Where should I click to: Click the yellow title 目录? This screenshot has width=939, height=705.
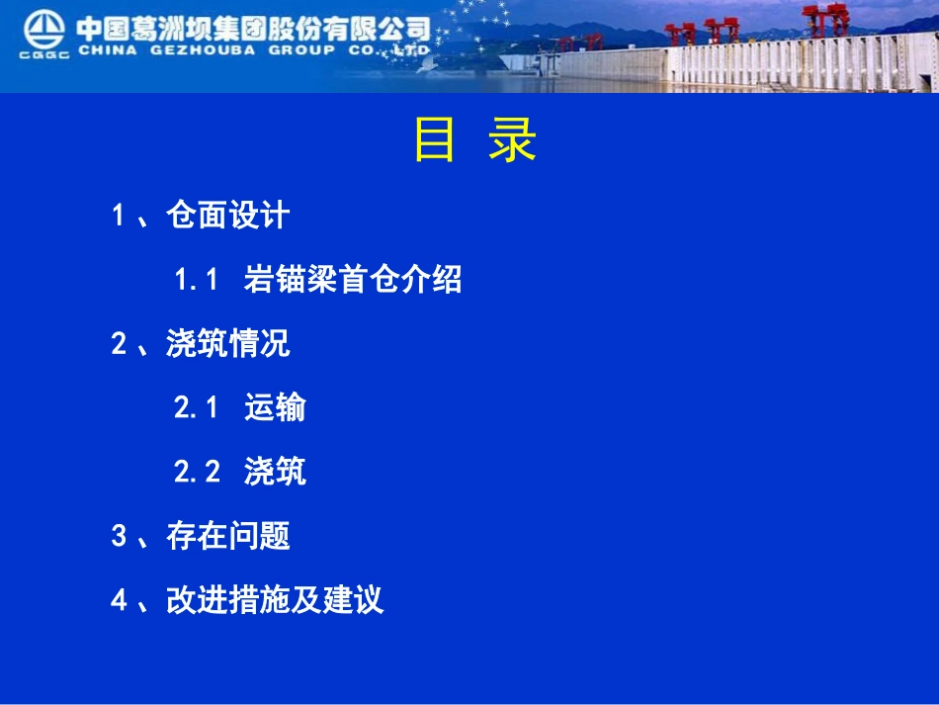click(x=474, y=141)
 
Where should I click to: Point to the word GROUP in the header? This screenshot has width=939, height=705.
click(x=301, y=50)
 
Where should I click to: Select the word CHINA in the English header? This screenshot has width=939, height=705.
click(x=107, y=50)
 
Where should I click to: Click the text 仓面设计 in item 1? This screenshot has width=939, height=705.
click(x=228, y=216)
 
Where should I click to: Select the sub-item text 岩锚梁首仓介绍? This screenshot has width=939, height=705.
click(x=353, y=280)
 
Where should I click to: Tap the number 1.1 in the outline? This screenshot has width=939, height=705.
click(x=196, y=280)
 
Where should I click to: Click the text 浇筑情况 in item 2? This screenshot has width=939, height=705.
click(x=228, y=344)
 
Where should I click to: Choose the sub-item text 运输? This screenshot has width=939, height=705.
click(x=275, y=407)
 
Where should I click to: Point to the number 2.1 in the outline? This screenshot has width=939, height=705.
click(x=196, y=407)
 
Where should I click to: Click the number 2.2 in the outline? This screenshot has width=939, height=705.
click(x=197, y=472)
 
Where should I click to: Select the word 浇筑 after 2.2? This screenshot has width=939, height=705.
click(x=275, y=472)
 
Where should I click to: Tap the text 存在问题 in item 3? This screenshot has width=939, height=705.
click(x=228, y=536)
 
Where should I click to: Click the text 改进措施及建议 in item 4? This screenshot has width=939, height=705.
click(x=275, y=600)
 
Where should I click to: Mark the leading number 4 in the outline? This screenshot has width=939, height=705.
click(x=119, y=600)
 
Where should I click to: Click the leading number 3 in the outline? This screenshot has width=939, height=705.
click(x=119, y=536)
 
